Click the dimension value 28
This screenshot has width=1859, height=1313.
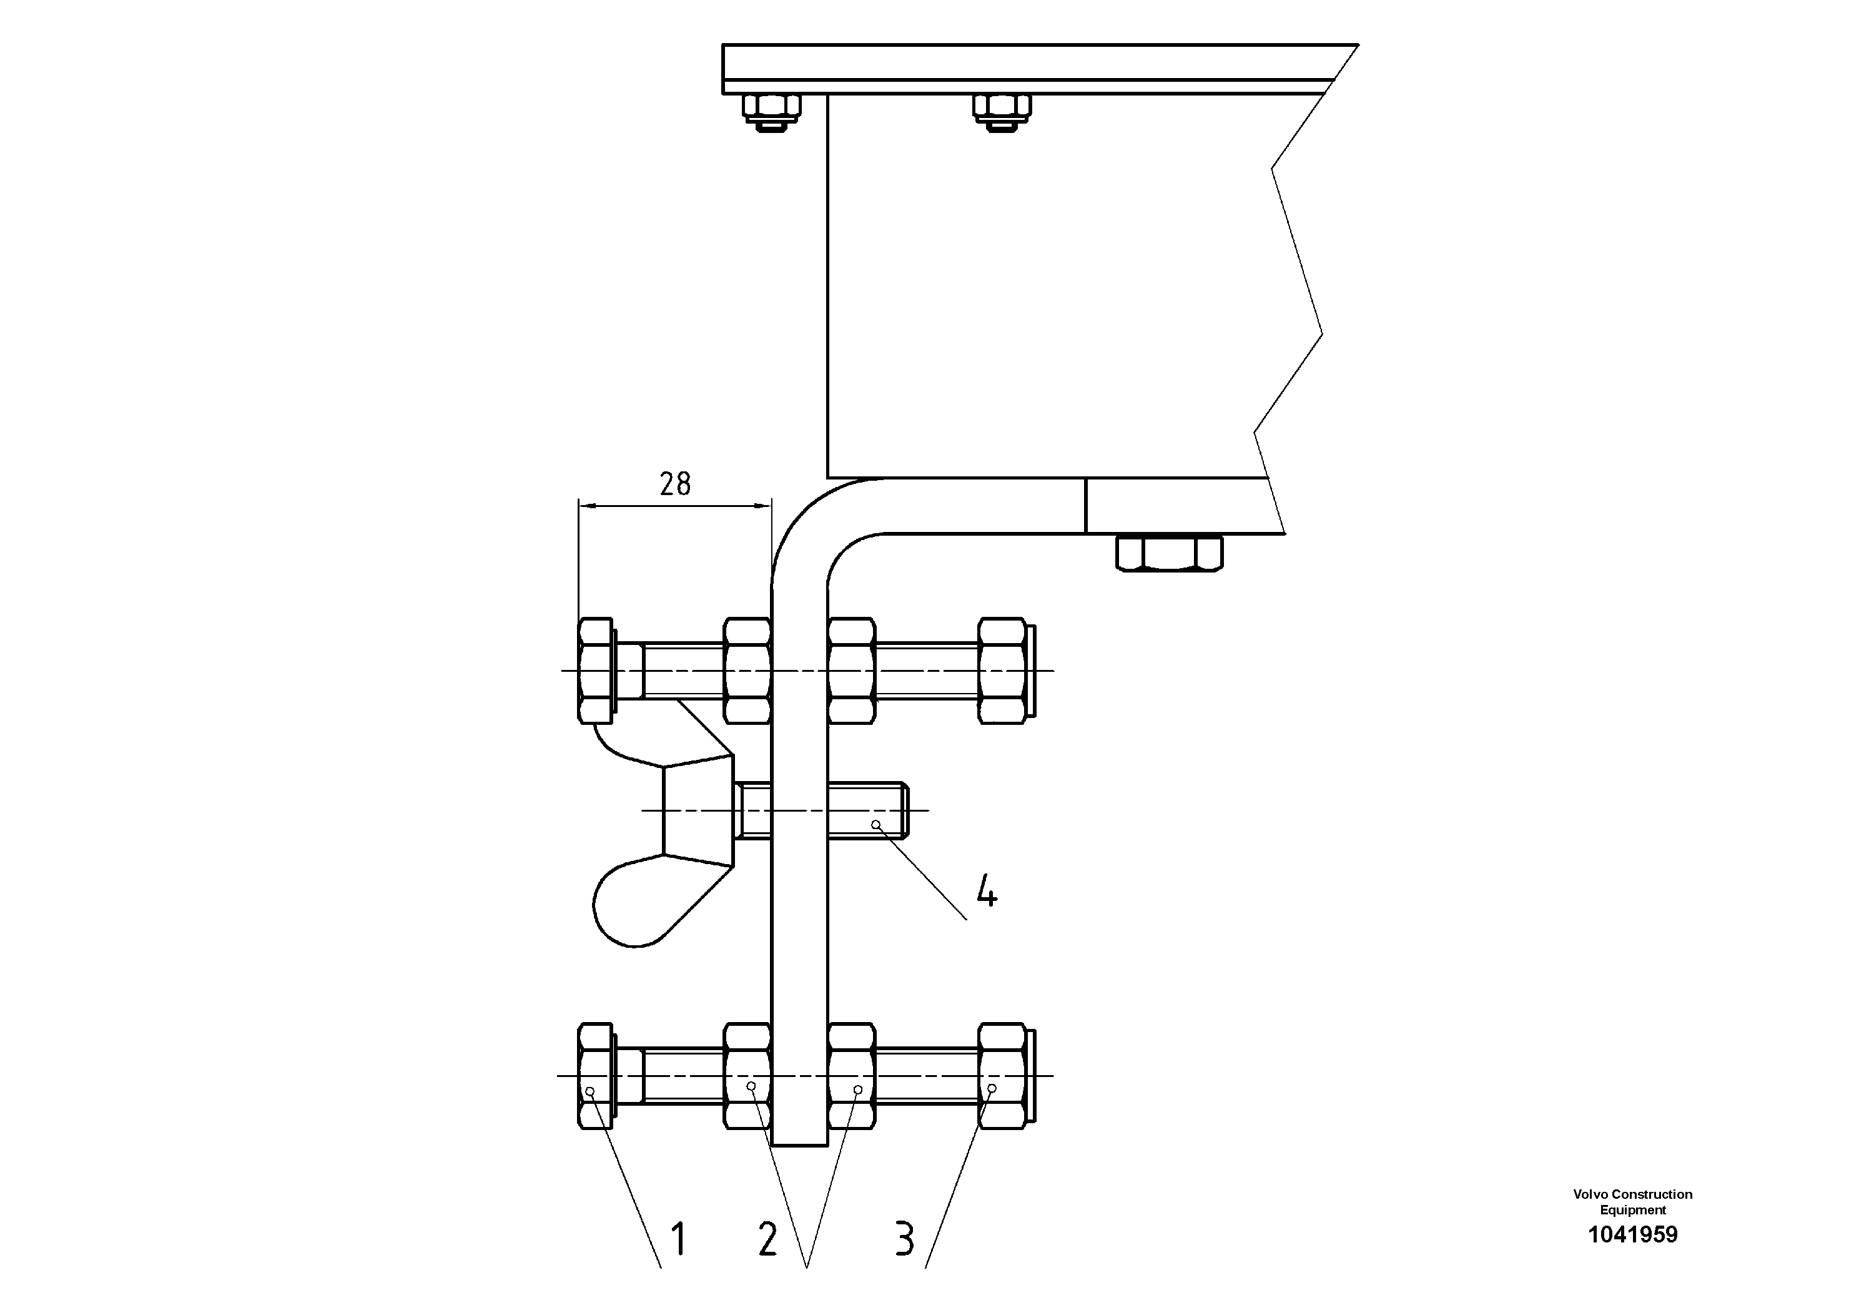(x=674, y=484)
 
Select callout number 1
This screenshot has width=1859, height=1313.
(x=679, y=1239)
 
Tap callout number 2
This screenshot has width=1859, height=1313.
(x=767, y=1239)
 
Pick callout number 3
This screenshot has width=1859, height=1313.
(x=904, y=1239)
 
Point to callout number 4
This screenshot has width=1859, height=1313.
(x=986, y=891)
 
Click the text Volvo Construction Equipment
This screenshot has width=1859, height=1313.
(x=1632, y=1202)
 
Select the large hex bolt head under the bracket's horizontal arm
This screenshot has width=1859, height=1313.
(x=1169, y=554)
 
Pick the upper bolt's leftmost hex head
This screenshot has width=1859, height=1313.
(x=595, y=671)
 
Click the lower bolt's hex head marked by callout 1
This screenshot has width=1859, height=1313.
(x=595, y=1075)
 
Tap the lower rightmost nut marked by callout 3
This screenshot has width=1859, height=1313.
(x=1002, y=1075)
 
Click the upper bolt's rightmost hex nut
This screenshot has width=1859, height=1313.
(x=1002, y=671)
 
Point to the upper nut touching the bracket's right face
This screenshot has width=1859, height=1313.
(x=852, y=671)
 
